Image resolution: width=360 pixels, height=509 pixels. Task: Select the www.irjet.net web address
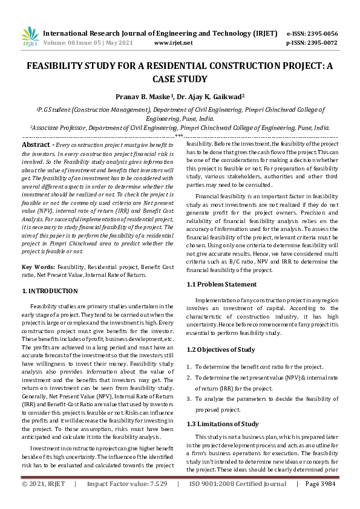(174, 44)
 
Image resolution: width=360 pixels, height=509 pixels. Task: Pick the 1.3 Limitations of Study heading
(223, 424)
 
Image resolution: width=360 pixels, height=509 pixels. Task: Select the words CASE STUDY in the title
(180, 79)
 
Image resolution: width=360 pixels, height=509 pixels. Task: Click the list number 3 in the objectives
(188, 399)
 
